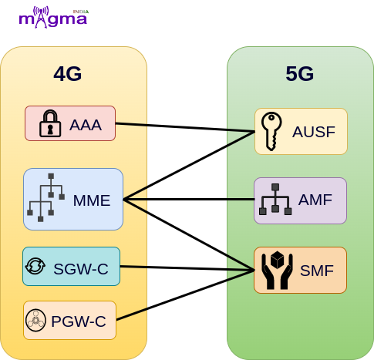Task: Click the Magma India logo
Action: coord(53,17)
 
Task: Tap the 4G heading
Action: coord(68,74)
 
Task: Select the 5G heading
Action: coord(300,74)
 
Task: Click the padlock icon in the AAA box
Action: coord(50,123)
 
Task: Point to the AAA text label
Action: coord(86,125)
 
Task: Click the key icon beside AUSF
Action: coord(271,131)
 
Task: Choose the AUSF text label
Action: coord(314,132)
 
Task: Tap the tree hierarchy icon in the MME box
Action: coord(45,197)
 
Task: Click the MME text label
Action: coord(92,200)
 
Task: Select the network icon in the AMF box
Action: coord(275,199)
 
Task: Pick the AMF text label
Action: coord(315,200)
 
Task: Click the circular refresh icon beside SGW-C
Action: coord(35,266)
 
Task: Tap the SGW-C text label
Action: coord(81,269)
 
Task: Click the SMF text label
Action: coord(317,271)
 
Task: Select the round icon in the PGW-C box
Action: coord(36,320)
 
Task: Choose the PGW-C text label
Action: coord(79,321)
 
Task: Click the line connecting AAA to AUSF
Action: coord(185,128)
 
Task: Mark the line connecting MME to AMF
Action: coord(189,200)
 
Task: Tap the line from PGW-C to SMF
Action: coord(185,295)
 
